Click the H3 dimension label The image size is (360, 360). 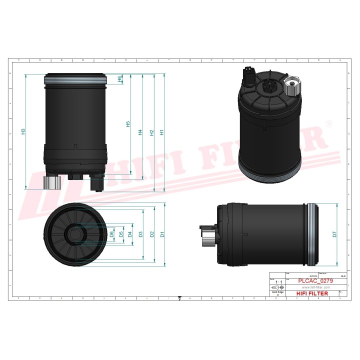(x=23, y=131)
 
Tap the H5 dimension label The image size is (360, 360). (x=128, y=124)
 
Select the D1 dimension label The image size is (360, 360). (x=162, y=233)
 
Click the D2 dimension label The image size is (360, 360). (x=151, y=233)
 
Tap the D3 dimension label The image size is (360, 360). (x=140, y=233)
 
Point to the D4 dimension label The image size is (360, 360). (x=130, y=233)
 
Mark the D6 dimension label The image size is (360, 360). (x=112, y=233)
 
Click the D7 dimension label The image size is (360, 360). (x=334, y=233)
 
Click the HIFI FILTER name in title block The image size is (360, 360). (x=312, y=293)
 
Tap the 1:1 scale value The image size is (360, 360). (x=278, y=282)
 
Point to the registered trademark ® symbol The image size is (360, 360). (x=328, y=123)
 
